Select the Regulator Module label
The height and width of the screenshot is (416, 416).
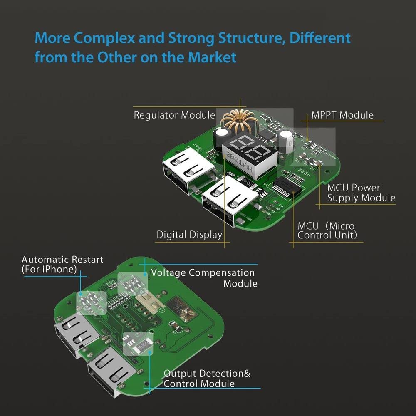point(174,115)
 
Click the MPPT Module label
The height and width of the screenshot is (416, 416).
point(342,115)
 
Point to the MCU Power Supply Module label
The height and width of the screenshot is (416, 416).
point(361,193)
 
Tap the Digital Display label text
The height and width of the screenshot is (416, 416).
point(189,235)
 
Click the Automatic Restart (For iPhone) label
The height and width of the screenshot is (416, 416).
point(62,265)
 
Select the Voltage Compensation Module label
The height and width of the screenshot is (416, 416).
point(203,278)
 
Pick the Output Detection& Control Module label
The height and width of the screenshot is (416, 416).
point(207,378)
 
